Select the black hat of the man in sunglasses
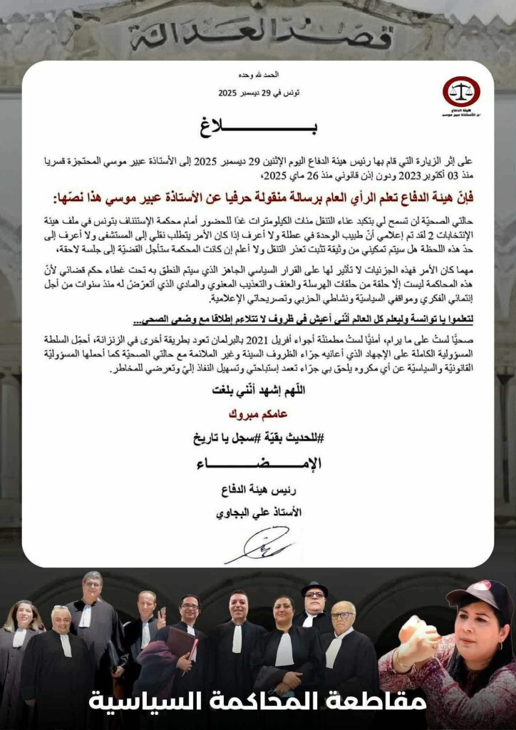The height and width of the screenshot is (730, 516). click(x=314, y=589)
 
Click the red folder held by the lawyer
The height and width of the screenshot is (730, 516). click(x=182, y=644)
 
